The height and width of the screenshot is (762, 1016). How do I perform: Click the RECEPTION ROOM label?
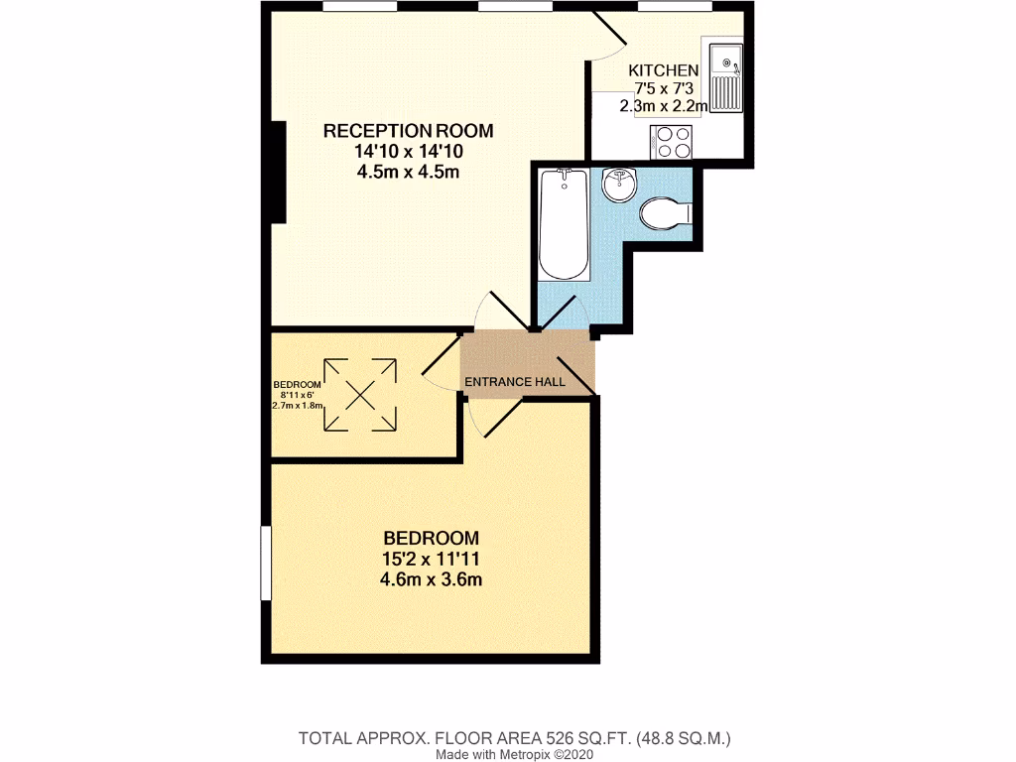point(408,131)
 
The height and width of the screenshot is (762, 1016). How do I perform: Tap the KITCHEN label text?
point(664,70)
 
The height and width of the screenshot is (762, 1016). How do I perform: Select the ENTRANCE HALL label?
point(515,381)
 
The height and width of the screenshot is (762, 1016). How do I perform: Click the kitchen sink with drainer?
point(728,76)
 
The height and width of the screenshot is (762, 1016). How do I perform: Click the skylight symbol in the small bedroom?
point(358,395)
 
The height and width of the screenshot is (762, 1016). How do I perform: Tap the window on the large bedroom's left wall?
point(266,563)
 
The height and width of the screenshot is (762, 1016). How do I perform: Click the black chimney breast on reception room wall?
point(279,172)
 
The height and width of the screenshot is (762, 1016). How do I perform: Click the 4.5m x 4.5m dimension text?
point(408,173)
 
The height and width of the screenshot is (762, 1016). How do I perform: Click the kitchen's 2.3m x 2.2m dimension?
point(664,106)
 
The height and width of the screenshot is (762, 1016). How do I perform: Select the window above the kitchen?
point(675,8)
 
